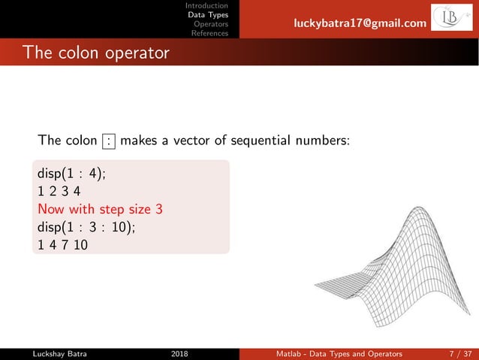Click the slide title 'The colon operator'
[95, 53]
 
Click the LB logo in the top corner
[451, 20]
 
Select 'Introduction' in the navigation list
[207, 6]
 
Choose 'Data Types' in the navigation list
[208, 15]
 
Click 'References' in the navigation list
[209, 33]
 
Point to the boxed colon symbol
[110, 141]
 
